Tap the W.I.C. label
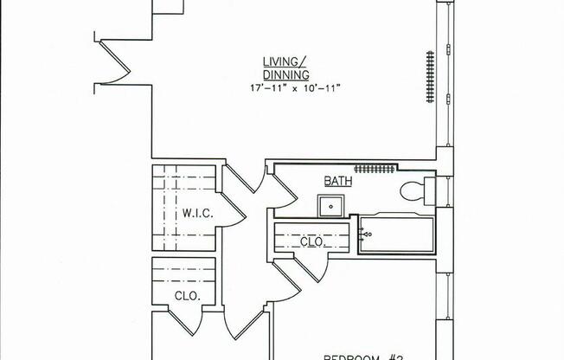pos(192,213)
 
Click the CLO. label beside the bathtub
pos(311,242)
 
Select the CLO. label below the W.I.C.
pos(187,296)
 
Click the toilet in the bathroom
pos(413,190)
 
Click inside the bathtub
pos(400,235)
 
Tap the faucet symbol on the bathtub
pos(366,235)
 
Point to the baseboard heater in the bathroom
pos(374,169)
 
